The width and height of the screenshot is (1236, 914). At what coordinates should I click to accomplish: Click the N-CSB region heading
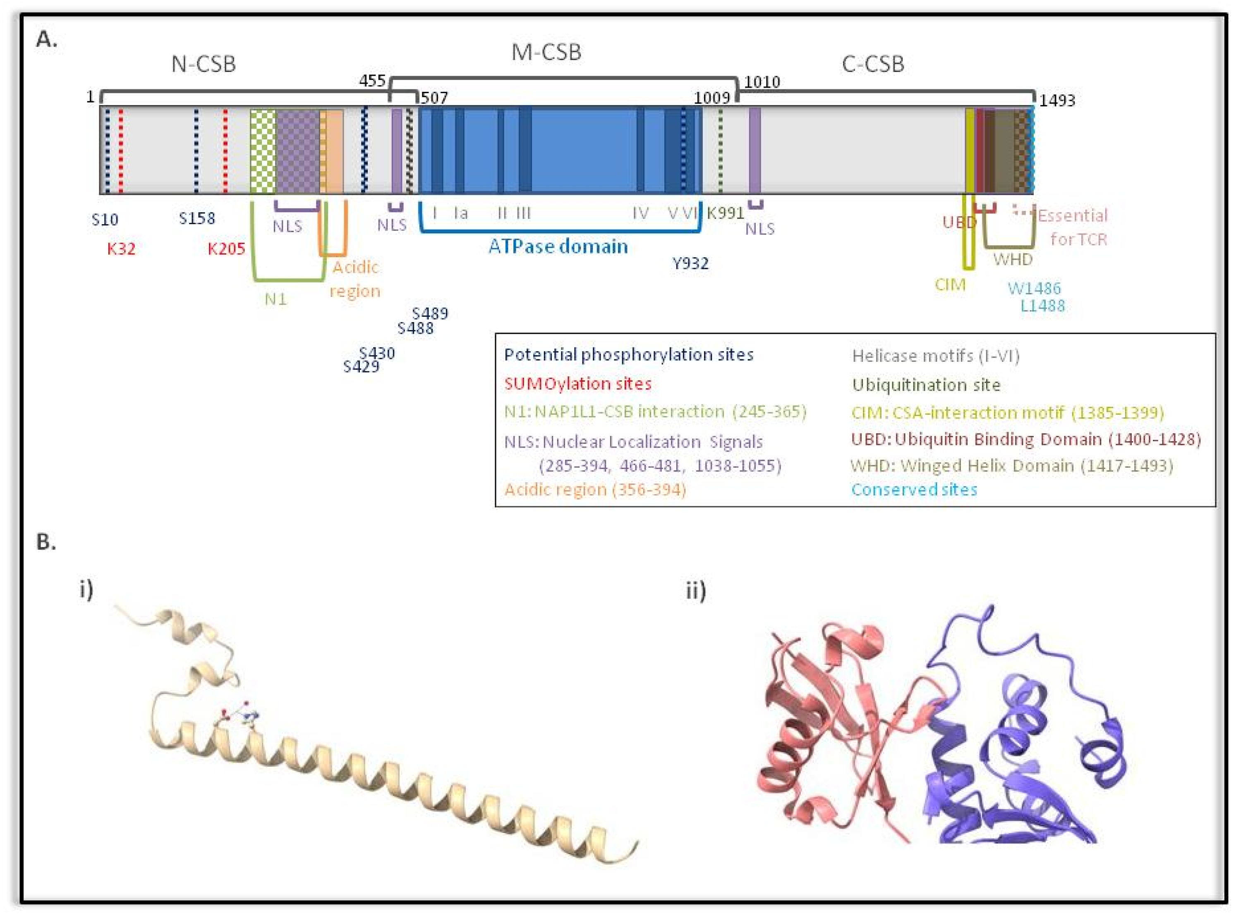click(203, 65)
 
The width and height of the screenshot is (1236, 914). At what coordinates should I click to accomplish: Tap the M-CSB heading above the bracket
click(546, 53)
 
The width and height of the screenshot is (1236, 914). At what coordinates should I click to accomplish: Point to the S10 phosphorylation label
click(105, 220)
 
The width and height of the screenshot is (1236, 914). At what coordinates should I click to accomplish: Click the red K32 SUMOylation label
click(121, 249)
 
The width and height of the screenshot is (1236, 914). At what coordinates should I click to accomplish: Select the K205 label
click(226, 249)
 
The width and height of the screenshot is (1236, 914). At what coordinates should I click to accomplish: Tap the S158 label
click(197, 218)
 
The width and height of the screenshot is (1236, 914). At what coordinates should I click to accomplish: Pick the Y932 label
click(690, 263)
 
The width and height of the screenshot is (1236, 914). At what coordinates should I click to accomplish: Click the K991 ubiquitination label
click(725, 213)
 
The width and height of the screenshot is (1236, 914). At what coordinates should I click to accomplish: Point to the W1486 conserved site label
click(1033, 288)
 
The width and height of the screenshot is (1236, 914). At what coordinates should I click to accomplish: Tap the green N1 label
click(275, 299)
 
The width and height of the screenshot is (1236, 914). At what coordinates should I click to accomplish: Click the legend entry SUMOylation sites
click(577, 383)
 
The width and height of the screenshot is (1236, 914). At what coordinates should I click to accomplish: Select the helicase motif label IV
click(640, 213)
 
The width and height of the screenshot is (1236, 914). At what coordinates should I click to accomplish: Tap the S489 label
click(430, 314)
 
